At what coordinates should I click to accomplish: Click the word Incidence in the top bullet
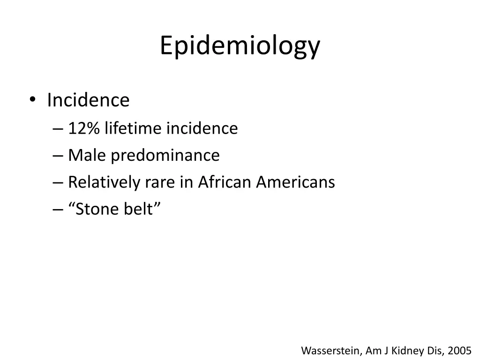point(88,100)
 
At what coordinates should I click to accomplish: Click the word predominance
point(165,156)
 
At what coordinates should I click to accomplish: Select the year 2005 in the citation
point(459,350)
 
